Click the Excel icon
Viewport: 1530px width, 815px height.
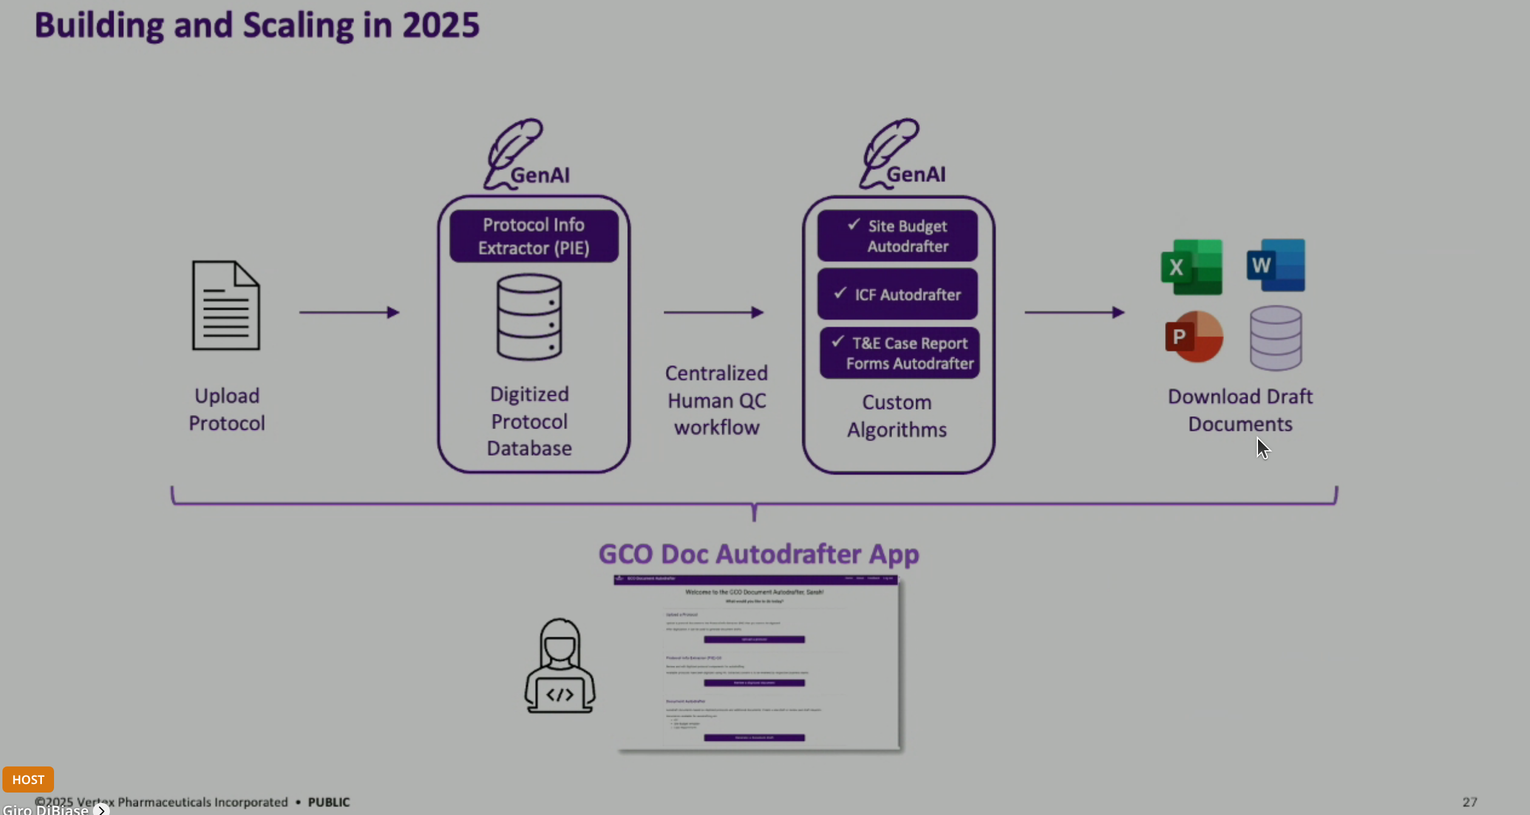(1191, 267)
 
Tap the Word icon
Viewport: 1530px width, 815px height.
(1276, 265)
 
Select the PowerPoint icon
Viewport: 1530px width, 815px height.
(1194, 337)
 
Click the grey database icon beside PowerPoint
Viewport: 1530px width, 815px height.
(1276, 338)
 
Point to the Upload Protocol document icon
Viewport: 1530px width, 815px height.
(226, 306)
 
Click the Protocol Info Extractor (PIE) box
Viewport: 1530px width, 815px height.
(534, 236)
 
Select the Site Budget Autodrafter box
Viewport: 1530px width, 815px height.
(897, 236)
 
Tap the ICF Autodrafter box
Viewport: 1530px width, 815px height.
(897, 294)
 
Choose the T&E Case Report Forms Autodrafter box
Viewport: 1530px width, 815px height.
(899, 353)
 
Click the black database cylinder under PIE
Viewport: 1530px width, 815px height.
(529, 317)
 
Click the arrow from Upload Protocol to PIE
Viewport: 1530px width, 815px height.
(349, 313)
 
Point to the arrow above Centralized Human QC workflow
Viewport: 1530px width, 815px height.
(713, 313)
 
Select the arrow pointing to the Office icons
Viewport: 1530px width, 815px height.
(1074, 313)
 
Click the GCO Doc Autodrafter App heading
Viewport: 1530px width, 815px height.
(758, 554)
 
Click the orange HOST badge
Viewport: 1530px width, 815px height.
(28, 779)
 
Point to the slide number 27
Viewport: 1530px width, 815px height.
(1469, 802)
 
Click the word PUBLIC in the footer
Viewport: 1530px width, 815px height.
(328, 802)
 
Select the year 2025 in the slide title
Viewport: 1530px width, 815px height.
(441, 25)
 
